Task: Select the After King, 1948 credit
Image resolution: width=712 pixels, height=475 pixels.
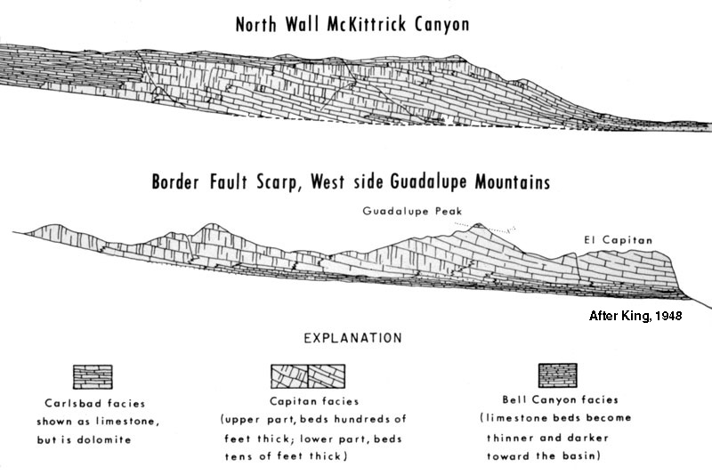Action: [x=635, y=315]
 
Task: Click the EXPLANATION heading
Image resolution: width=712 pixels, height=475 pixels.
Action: [x=353, y=338]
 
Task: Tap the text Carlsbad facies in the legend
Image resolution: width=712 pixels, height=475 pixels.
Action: [x=92, y=401]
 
